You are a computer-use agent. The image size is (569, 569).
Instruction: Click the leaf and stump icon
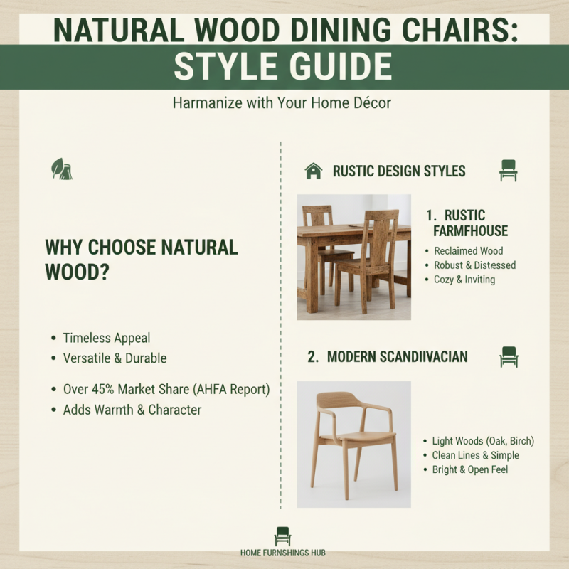pyautogui.click(x=62, y=169)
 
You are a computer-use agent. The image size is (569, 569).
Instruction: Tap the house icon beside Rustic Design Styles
pyautogui.click(x=313, y=171)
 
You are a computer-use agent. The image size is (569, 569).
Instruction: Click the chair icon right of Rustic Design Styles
pyautogui.click(x=508, y=171)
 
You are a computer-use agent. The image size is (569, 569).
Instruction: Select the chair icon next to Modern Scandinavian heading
pyautogui.click(x=509, y=356)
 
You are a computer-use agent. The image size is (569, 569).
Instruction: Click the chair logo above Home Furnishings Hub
pyautogui.click(x=282, y=536)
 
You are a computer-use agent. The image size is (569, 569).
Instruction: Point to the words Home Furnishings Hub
pyautogui.click(x=283, y=553)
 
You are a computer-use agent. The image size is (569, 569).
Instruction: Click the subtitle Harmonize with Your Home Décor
pyautogui.click(x=282, y=103)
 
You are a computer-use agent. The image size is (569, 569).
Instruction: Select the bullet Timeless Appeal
pyautogui.click(x=106, y=339)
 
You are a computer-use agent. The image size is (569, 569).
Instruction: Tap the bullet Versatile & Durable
pyautogui.click(x=115, y=358)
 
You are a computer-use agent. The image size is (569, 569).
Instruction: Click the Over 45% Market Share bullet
pyautogui.click(x=166, y=390)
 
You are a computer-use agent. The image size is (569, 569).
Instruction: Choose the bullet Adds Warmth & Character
pyautogui.click(x=132, y=410)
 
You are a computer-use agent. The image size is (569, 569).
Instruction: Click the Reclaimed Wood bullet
pyautogui.click(x=468, y=251)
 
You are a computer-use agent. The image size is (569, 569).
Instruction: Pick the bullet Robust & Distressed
pyautogui.click(x=474, y=265)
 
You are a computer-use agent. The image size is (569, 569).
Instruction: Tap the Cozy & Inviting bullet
pyautogui.click(x=464, y=280)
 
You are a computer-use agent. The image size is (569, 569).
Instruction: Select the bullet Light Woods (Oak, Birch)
pyautogui.click(x=483, y=442)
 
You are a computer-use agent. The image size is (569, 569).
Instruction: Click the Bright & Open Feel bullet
pyautogui.click(x=470, y=470)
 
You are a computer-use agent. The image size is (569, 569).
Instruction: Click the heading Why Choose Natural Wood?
pyautogui.click(x=141, y=260)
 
